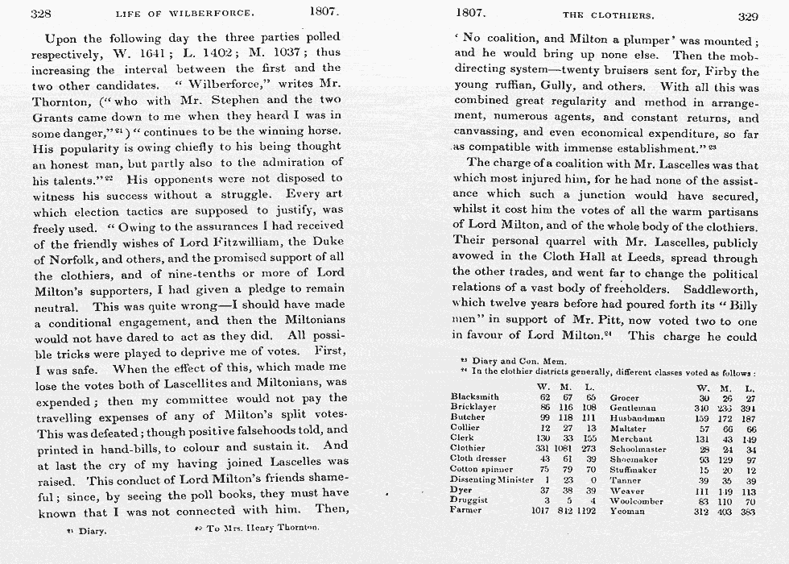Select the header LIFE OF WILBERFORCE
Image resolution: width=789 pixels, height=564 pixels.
[x=184, y=14]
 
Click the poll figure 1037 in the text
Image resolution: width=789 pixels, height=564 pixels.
[x=295, y=53]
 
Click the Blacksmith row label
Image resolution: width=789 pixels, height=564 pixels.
[x=474, y=397]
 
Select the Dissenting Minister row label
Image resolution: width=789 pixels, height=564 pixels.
[x=491, y=479]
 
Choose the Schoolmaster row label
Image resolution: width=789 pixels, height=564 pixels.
[x=638, y=450]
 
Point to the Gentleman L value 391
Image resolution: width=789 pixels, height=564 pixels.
[x=749, y=408]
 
